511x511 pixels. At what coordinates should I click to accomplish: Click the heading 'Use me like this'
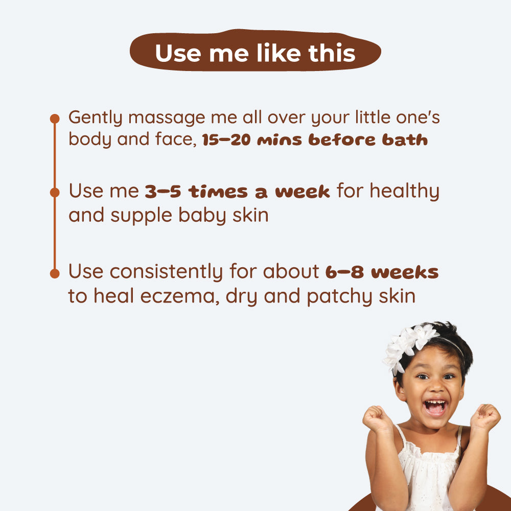click(255, 53)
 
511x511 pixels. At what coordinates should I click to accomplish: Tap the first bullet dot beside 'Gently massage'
click(55, 119)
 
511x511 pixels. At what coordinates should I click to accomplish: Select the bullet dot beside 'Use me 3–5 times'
click(55, 193)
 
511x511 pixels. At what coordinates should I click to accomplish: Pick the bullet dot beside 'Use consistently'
click(55, 273)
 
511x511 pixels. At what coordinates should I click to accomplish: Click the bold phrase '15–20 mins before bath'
click(315, 141)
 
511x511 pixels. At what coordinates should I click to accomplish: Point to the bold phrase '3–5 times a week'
click(237, 192)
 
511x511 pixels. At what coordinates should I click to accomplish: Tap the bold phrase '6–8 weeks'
click(382, 272)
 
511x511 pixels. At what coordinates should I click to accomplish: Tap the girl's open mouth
click(435, 407)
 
